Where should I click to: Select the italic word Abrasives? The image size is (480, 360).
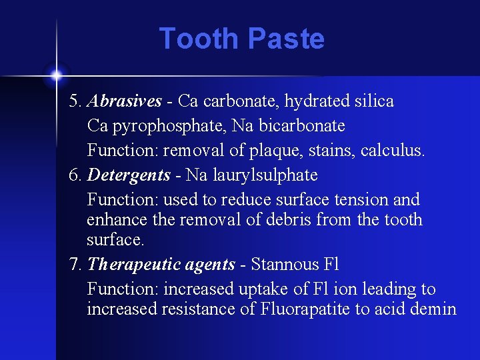[125, 101]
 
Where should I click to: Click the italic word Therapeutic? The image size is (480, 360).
[126, 265]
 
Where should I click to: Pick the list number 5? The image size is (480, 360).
[75, 101]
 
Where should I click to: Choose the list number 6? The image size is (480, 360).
[75, 175]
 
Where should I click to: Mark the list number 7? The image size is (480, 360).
[75, 265]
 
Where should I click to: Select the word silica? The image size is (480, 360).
[373, 101]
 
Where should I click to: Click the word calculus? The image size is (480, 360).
[392, 150]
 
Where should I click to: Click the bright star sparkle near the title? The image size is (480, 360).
[57, 74]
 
